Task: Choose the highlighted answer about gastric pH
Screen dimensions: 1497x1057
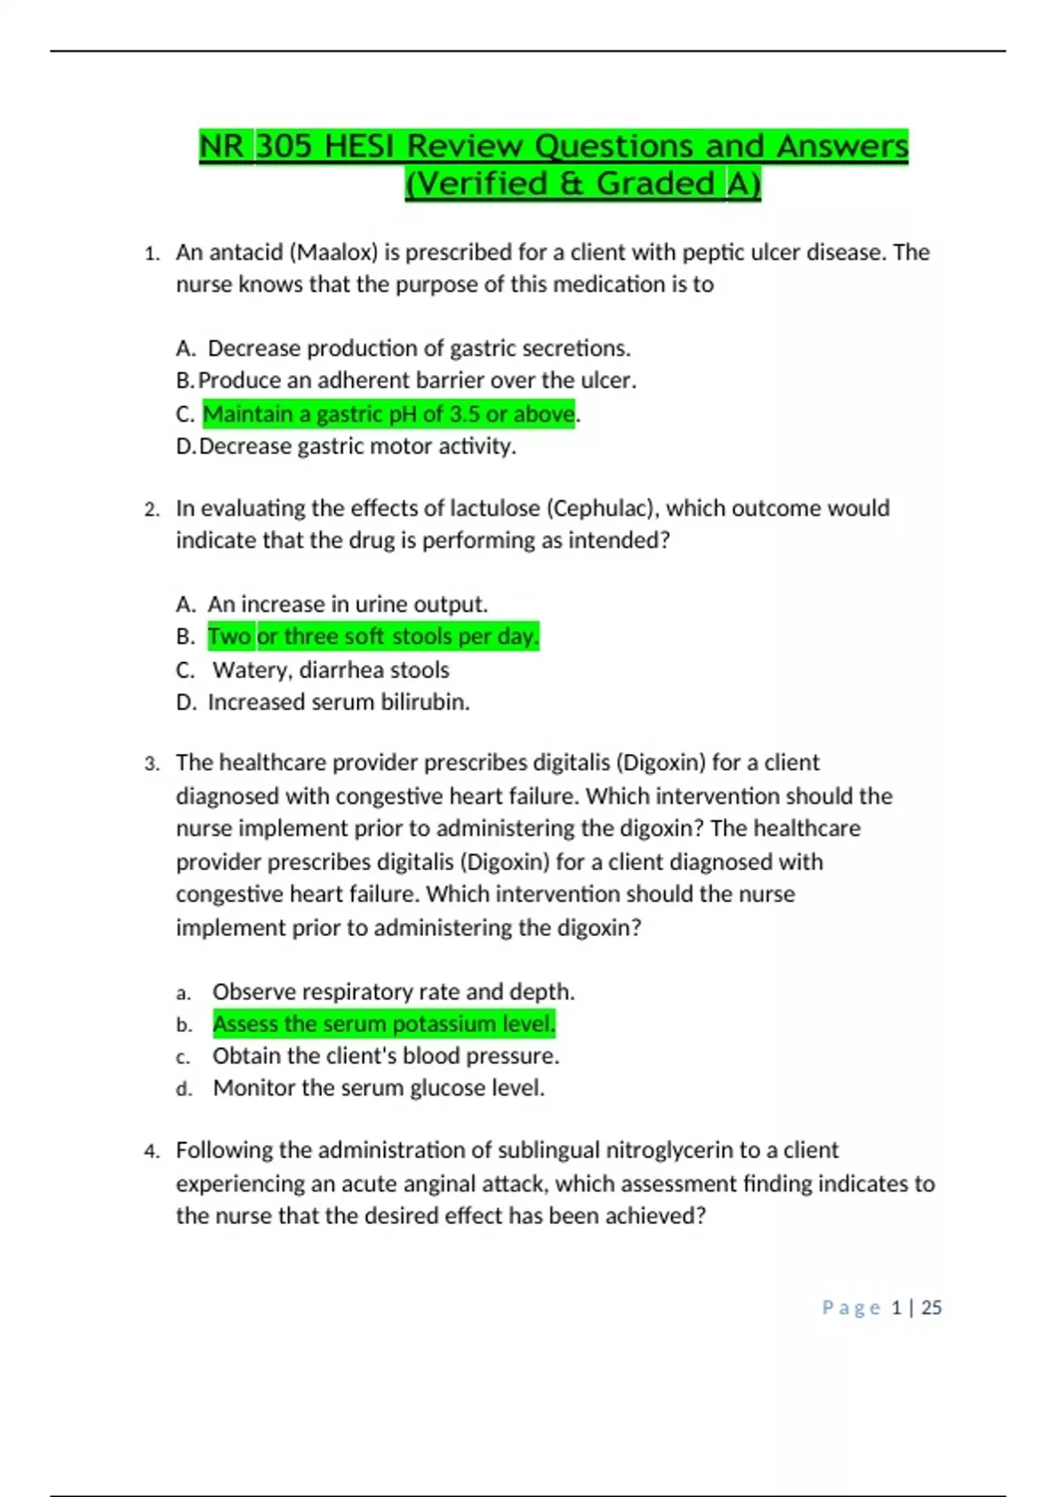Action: click(388, 414)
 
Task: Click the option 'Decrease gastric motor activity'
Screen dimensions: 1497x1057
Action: click(358, 446)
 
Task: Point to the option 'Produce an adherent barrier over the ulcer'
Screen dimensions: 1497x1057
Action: click(417, 380)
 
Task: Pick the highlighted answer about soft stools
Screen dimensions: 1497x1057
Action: click(373, 637)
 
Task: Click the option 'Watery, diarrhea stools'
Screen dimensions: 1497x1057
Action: click(330, 670)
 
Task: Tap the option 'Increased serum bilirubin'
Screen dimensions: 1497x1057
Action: click(338, 703)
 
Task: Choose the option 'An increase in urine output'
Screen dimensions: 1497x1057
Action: click(347, 605)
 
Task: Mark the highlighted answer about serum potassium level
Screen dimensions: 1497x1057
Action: click(384, 1024)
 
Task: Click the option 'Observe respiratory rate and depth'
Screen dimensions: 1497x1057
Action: click(393, 992)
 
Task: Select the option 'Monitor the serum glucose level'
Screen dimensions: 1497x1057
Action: click(379, 1088)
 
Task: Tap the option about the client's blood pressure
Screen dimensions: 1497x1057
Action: click(386, 1056)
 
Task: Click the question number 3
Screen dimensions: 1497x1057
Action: click(152, 763)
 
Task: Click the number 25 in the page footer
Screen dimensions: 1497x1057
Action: click(931, 1308)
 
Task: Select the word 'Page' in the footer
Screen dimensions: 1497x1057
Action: click(851, 1308)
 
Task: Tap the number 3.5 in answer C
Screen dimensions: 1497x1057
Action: click(464, 414)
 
